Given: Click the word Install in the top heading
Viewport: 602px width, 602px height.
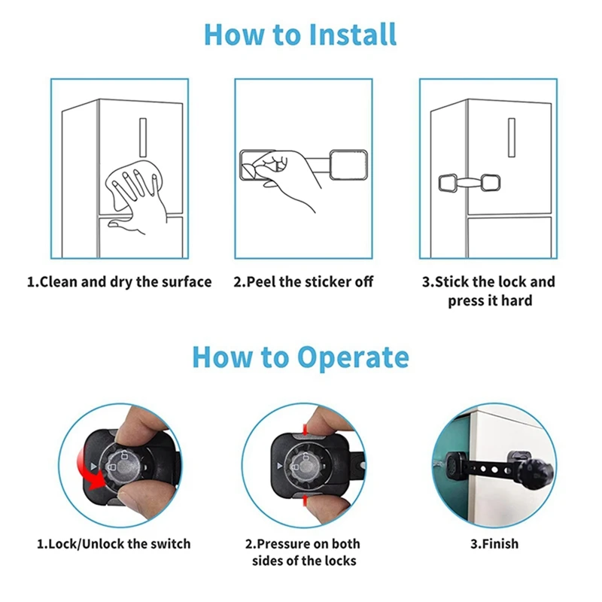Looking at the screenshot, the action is (x=352, y=35).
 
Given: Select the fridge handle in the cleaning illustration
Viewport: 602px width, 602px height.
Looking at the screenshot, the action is (x=143, y=137).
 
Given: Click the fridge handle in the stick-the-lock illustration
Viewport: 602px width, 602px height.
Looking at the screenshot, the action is (x=512, y=137).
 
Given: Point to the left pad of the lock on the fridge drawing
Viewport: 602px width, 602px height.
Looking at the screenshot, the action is (x=448, y=183).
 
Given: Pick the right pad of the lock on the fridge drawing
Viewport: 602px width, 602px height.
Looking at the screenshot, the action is (x=491, y=182).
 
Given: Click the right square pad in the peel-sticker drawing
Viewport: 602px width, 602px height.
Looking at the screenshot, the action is (x=348, y=165).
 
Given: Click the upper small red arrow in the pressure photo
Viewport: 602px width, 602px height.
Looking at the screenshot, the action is (x=306, y=429).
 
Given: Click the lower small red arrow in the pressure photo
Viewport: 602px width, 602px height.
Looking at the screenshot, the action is (x=306, y=500).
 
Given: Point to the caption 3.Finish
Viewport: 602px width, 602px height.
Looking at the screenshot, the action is (x=494, y=544).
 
